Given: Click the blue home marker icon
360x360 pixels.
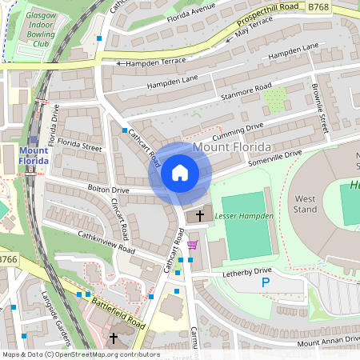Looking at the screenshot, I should coord(180,173).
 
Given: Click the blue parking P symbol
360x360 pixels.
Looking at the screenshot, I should coord(266,282).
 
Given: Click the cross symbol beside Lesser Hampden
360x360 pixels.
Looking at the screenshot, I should coord(199,216).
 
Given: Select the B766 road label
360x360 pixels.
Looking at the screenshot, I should coord(8,259).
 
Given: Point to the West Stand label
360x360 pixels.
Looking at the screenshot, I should coord(305,204).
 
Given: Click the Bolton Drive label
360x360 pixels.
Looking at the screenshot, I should coord(109,190).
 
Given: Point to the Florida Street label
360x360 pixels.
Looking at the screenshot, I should coord(85,148).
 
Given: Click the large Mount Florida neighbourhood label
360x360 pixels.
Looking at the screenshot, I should coord(232,147).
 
